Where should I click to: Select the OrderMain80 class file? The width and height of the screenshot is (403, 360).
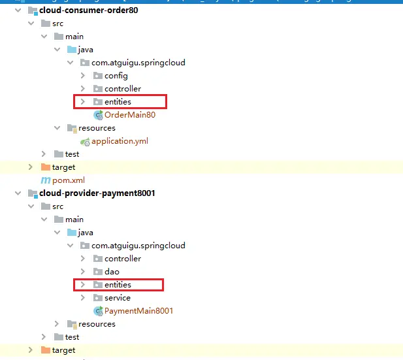click(130, 115)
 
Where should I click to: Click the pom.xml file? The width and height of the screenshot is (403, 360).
click(69, 180)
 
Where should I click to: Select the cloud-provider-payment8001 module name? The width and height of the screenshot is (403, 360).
click(97, 193)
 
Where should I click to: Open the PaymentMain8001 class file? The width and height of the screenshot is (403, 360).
click(138, 311)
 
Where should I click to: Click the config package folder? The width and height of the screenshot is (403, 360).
click(116, 76)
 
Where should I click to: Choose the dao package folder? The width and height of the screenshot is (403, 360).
click(112, 272)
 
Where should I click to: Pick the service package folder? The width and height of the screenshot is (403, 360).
click(117, 298)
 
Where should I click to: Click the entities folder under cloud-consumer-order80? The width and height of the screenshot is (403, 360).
click(118, 102)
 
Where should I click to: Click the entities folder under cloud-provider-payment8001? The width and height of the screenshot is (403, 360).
click(118, 285)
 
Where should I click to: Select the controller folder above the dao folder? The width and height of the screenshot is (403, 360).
click(122, 259)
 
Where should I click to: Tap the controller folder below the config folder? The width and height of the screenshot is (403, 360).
click(122, 89)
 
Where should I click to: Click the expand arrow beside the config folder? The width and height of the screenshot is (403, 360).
click(83, 76)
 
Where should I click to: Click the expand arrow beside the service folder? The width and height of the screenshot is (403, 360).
click(83, 298)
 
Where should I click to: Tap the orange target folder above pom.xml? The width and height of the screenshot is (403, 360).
click(63, 167)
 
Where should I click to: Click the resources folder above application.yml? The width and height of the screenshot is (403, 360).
click(97, 128)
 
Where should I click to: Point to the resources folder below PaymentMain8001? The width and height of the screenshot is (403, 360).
click(97, 324)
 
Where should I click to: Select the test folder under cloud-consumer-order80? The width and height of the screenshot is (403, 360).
click(72, 154)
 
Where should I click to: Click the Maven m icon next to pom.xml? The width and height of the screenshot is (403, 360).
click(46, 180)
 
